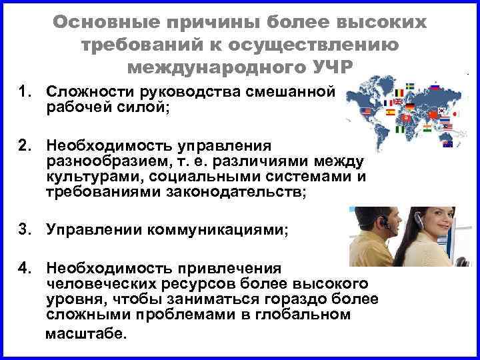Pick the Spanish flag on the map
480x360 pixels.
tap(390, 113)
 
